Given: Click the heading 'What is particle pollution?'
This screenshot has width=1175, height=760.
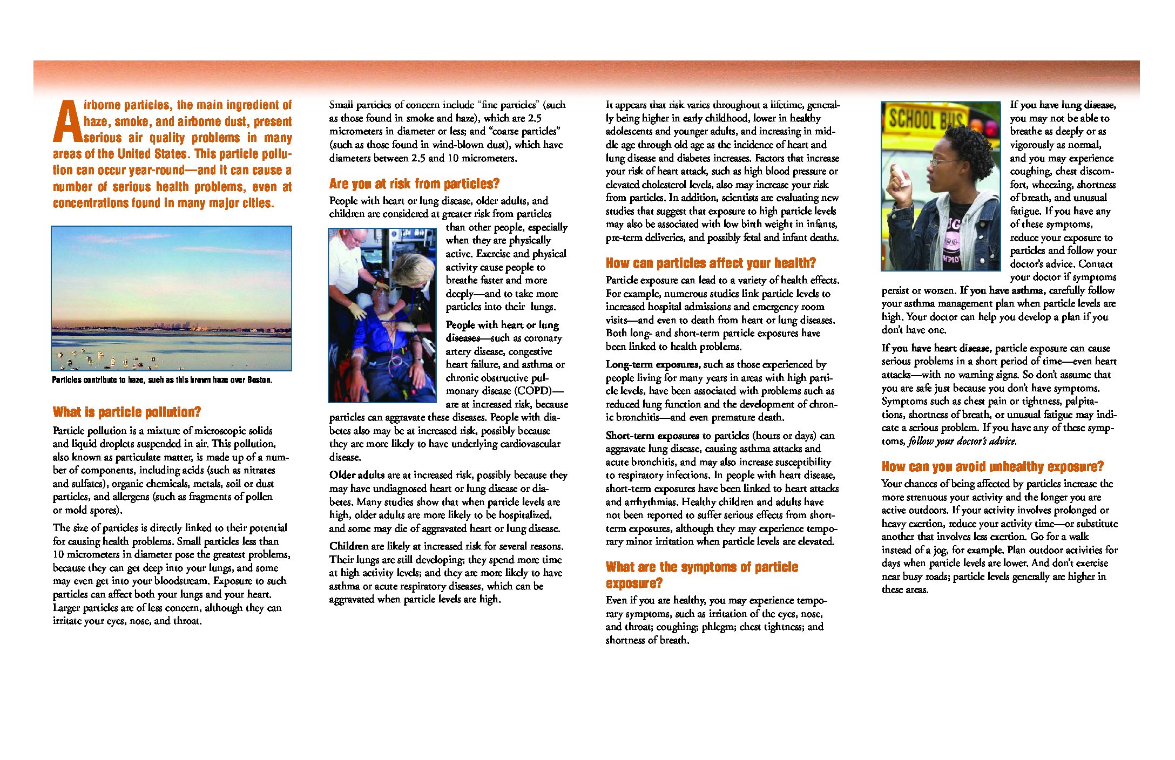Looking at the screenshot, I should pyautogui.click(x=127, y=412).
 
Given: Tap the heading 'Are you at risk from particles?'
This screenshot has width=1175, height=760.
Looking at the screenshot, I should pyautogui.click(x=414, y=184).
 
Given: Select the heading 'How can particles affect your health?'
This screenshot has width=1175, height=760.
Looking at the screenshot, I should pyautogui.click(x=711, y=263).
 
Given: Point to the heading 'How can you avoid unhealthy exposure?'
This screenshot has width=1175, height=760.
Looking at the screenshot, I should pyautogui.click(x=992, y=467).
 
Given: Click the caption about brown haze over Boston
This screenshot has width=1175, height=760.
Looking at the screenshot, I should pyautogui.click(x=162, y=380).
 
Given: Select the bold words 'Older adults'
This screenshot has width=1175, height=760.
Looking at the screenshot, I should pyautogui.click(x=357, y=475).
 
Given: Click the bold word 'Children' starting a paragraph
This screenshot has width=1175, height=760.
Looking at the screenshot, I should pyautogui.click(x=349, y=546).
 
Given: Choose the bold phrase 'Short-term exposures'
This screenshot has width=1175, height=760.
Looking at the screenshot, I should pyautogui.click(x=652, y=436).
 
